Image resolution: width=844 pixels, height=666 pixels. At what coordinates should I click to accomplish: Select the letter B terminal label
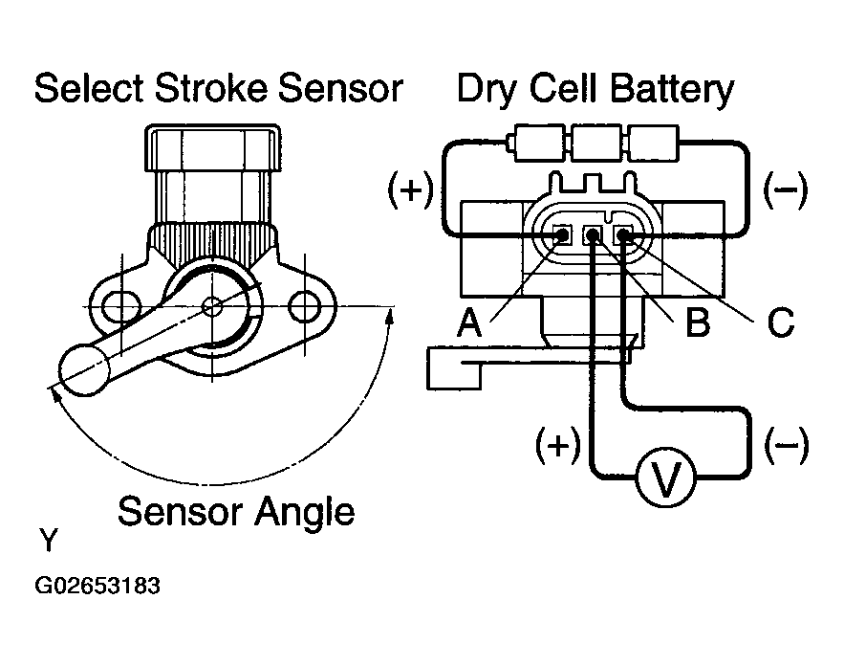click(698, 322)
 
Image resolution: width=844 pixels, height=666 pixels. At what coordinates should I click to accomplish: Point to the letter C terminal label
click(781, 322)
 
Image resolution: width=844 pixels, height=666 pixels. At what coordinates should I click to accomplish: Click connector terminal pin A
click(562, 234)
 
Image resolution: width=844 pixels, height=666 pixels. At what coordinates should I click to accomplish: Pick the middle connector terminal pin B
click(593, 234)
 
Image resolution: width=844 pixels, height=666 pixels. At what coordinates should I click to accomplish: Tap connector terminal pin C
click(623, 234)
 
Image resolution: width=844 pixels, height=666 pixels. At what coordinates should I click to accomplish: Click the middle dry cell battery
click(595, 143)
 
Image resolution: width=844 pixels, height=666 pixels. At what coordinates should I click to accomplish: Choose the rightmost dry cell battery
click(653, 143)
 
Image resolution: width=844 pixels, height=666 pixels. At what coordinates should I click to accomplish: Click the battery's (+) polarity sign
click(411, 189)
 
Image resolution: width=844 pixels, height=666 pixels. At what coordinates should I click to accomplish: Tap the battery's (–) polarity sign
click(786, 189)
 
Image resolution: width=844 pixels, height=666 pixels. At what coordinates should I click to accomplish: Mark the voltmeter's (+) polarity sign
click(558, 445)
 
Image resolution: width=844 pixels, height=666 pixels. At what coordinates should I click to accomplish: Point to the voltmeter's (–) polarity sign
click(787, 445)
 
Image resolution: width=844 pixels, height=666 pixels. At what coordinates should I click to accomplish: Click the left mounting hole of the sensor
click(119, 306)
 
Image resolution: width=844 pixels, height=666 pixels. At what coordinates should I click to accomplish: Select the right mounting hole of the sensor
click(305, 306)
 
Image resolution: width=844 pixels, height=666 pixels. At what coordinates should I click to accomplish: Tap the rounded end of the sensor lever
click(84, 369)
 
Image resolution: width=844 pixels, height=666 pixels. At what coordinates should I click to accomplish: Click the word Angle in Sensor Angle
click(304, 512)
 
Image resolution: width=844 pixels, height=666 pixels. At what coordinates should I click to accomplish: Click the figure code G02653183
click(97, 586)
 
